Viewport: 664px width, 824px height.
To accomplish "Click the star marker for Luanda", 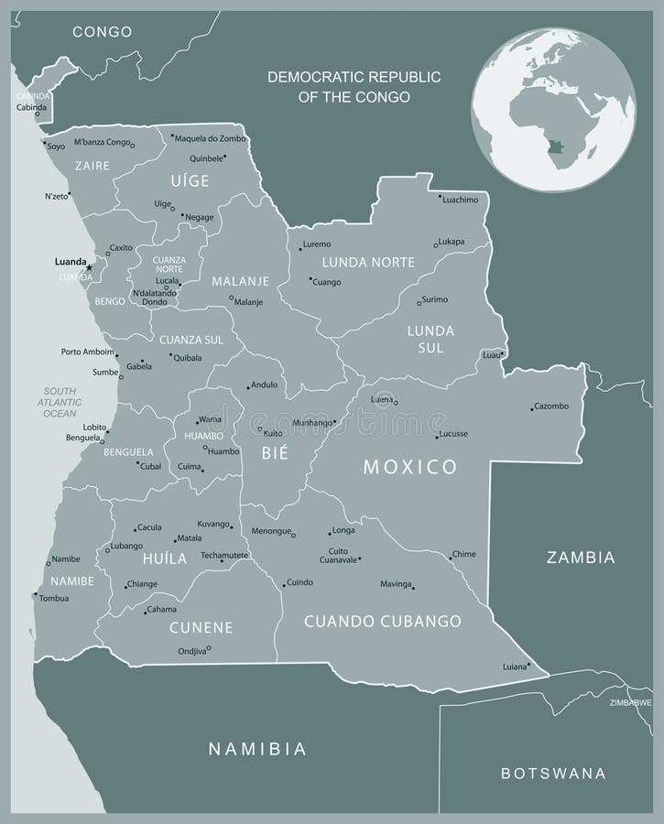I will pos(89,266).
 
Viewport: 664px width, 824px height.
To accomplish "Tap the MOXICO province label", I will pos(409,467).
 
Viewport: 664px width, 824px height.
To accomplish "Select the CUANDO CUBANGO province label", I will pos(382,622).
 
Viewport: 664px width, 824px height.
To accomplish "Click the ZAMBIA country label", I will pos(581,557).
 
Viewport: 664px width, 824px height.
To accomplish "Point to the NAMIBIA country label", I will pos(256,749).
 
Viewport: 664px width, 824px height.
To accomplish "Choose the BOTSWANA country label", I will pos(553,774).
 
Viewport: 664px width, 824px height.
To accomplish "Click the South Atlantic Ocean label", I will pos(60,402).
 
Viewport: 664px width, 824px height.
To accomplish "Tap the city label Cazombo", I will pos(551,406).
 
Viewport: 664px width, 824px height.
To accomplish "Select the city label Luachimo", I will pos(460,199).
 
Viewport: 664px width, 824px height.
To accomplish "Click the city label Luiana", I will pos(516,667).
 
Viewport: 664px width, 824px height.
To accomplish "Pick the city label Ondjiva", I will pos(190,651).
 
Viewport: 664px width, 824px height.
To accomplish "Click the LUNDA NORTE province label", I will pos(367,262).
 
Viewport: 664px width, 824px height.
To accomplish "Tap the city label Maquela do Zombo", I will pos(210,138).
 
